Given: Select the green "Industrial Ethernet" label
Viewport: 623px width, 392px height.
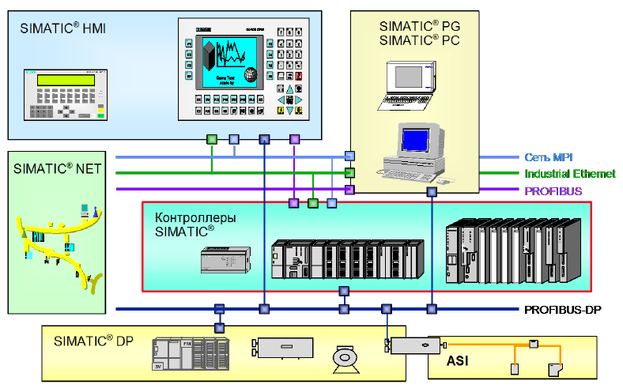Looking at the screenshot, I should pyautogui.click(x=569, y=174).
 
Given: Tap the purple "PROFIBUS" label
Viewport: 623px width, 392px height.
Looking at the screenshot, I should pyautogui.click(x=553, y=190).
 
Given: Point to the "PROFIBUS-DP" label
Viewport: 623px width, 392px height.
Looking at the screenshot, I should pyautogui.click(x=562, y=309).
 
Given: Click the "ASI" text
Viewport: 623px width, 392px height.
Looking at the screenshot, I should pyautogui.click(x=459, y=361).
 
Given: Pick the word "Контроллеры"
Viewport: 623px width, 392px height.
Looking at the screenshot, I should pyautogui.click(x=195, y=218).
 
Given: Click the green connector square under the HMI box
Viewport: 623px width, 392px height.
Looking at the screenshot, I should pyautogui.click(x=212, y=139).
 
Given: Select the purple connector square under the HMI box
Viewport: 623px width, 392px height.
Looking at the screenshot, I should pyautogui.click(x=295, y=139).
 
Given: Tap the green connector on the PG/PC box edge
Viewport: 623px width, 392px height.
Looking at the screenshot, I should pyautogui.click(x=349, y=172).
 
